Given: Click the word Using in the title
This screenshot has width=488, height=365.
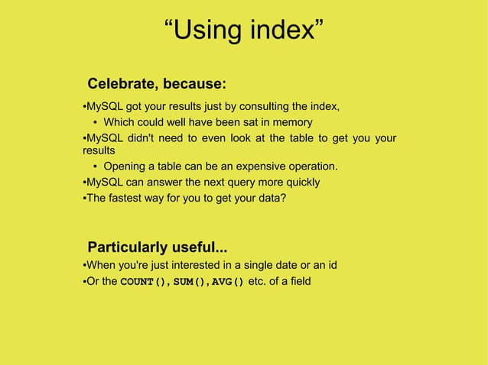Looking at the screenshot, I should [206, 31].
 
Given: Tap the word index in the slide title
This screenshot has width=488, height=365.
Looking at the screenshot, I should [278, 31].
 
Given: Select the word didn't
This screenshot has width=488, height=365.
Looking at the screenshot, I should [158, 138].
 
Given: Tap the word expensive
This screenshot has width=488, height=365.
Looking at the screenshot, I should [250, 166].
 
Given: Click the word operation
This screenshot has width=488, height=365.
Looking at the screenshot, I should [309, 166].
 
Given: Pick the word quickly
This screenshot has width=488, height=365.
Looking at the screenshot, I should [301, 182].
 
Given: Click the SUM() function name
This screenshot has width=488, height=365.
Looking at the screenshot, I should [190, 282].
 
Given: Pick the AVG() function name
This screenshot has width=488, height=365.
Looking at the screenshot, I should [228, 282].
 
